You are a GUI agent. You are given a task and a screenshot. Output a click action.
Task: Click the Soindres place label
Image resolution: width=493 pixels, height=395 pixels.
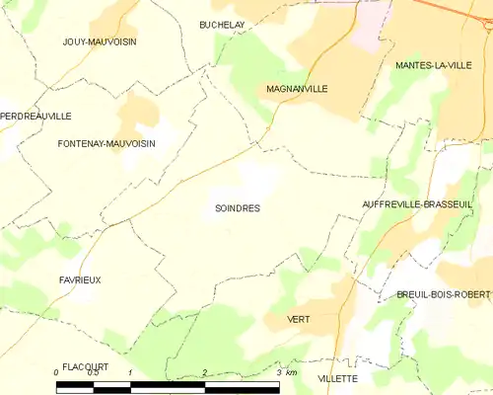pos(237,208)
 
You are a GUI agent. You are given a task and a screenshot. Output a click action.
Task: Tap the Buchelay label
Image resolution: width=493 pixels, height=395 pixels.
pos(221,25)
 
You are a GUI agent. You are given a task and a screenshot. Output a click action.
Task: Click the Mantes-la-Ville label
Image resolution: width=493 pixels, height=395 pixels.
pos(433,65)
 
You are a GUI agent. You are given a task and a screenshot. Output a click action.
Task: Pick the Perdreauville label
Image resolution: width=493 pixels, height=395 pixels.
pos(36,116)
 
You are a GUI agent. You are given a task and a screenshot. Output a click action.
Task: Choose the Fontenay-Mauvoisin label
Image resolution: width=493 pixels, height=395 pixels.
pos(106,144)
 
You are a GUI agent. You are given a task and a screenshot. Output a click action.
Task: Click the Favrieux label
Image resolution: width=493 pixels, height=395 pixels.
pos(80,280)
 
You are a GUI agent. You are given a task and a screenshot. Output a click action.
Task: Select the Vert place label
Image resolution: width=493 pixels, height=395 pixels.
pos(298,320)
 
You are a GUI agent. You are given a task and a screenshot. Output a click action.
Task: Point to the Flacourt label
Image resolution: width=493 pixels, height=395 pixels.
pos(84,366)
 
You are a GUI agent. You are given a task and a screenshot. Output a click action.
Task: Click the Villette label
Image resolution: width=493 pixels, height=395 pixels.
pos(337,378)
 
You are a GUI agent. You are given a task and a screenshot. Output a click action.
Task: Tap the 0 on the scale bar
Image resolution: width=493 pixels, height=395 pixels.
pos(56,373)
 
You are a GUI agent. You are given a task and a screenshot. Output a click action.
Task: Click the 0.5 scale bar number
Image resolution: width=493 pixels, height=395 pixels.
pos(93,373)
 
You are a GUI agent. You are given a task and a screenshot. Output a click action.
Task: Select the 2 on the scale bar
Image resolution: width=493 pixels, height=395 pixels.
pos(205,373)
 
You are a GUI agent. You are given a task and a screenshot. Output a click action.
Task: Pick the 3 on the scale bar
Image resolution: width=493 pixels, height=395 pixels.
pos(279,373)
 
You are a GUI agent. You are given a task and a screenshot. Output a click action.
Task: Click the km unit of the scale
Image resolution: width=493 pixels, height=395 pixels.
pos(293,373)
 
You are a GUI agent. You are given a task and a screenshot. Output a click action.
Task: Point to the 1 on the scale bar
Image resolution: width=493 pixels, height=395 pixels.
pos(130,373)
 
